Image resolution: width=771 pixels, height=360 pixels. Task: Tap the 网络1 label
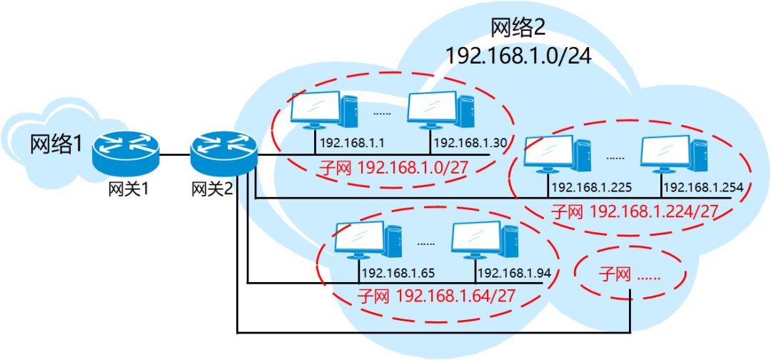pyautogui.click(x=56, y=144)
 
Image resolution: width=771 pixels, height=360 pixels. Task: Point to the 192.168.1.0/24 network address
pyautogui.click(x=518, y=55)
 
